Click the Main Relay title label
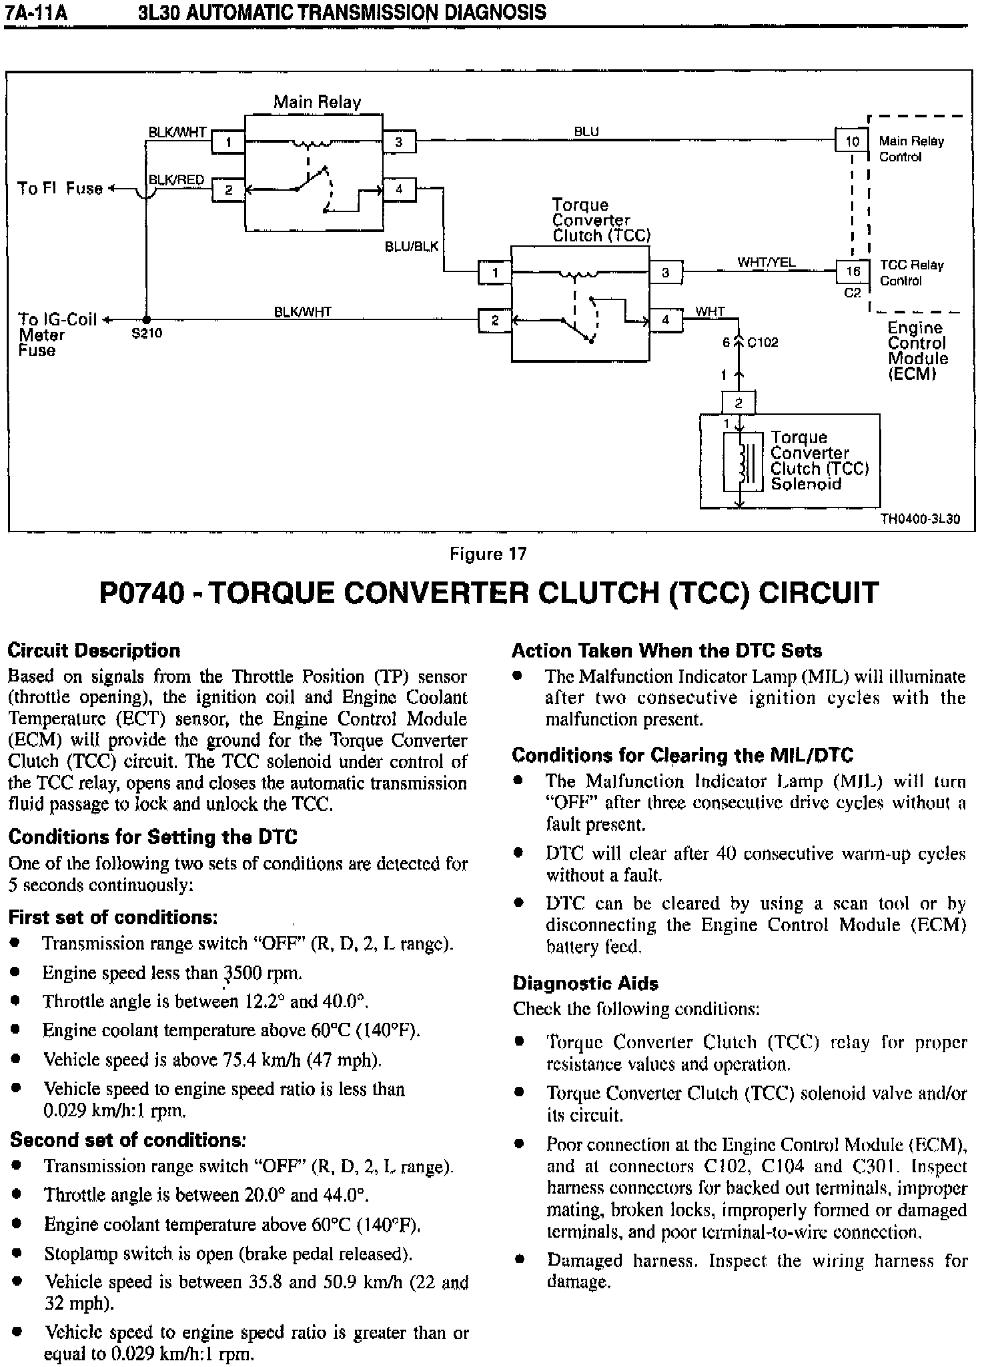tap(317, 102)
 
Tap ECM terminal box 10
tap(852, 141)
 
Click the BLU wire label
tap(586, 131)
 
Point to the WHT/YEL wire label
tap(766, 262)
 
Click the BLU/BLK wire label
tap(412, 247)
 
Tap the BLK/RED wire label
tap(176, 180)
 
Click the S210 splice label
tap(147, 333)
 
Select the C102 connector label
tap(763, 343)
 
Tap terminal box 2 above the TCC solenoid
tap(739, 403)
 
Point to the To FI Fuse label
tap(60, 189)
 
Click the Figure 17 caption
tap(488, 554)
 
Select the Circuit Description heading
tap(94, 650)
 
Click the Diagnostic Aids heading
tap(585, 983)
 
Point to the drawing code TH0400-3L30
tap(920, 519)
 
